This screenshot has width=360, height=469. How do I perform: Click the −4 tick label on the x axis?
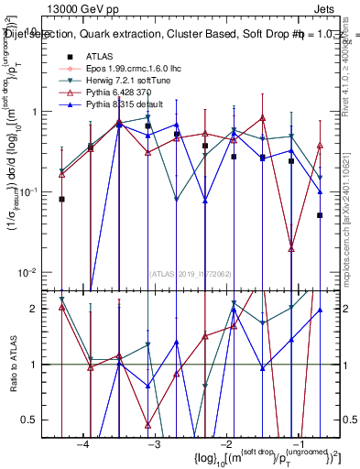[x=83, y=444]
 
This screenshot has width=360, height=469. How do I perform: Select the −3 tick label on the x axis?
[x=155, y=444]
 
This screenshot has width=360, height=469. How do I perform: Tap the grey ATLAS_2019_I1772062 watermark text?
[x=191, y=273]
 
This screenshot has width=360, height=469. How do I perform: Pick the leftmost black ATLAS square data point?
[x=62, y=199]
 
